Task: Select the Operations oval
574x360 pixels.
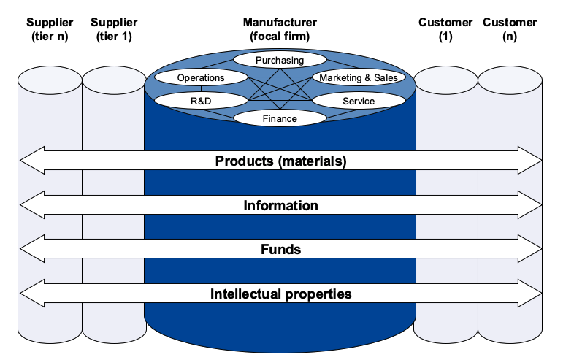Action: [201, 77]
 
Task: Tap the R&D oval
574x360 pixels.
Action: [201, 101]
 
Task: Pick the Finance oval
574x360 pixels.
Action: [280, 118]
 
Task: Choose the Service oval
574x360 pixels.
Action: [359, 101]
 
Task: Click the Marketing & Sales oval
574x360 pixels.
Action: [359, 77]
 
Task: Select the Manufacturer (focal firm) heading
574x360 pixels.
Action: [280, 29]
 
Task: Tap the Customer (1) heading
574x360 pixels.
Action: [446, 29]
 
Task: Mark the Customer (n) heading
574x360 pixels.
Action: [510, 29]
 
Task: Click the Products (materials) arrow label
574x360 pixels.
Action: [280, 161]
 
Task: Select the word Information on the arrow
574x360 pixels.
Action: [280, 205]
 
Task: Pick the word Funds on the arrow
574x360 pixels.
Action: [280, 250]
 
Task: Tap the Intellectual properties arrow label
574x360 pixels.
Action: [280, 294]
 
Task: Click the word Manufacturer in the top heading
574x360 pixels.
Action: [280, 23]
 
